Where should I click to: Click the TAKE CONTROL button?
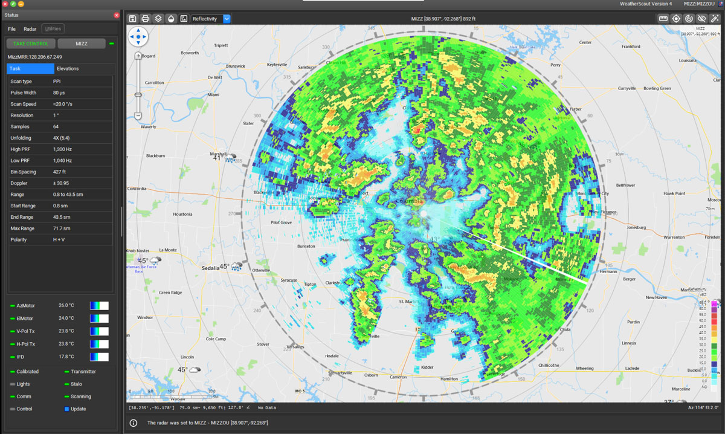[31, 44]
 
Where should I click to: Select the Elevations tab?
[68, 68]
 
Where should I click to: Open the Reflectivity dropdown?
[227, 19]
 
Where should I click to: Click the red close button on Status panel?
[117, 15]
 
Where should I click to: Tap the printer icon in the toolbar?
[145, 19]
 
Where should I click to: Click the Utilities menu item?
[53, 28]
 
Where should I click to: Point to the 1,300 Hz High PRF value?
[62, 149]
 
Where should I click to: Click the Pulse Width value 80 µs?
[59, 92]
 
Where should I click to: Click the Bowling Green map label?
[657, 88]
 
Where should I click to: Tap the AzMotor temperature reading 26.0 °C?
[66, 306]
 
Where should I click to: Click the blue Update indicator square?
[66, 409]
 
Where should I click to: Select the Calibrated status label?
[28, 372]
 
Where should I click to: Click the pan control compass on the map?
[138, 37]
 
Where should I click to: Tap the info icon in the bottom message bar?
[134, 423]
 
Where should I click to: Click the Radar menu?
[30, 28]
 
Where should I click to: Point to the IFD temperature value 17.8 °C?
[66, 357]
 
